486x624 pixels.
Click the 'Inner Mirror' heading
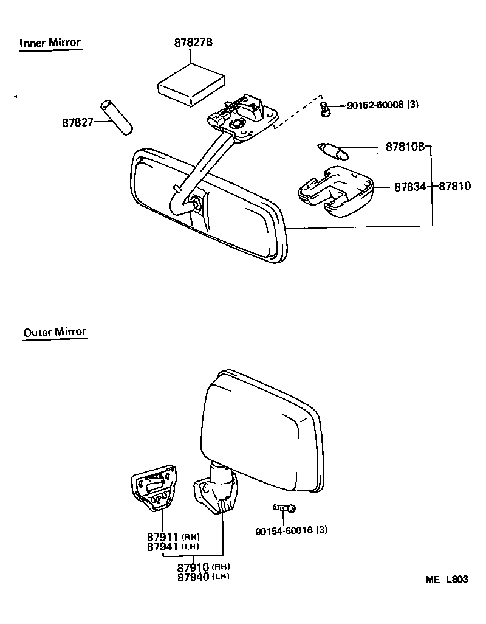50,43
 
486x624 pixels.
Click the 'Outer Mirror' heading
55,333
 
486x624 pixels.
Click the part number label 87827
77,122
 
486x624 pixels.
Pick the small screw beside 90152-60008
325,108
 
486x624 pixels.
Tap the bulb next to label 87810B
333,150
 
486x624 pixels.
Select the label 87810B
405,147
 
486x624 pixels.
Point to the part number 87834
410,187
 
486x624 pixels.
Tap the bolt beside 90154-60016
284,507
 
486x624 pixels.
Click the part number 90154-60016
284,530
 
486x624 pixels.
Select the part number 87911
162,538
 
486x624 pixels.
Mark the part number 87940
193,577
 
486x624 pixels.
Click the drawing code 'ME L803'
447,580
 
